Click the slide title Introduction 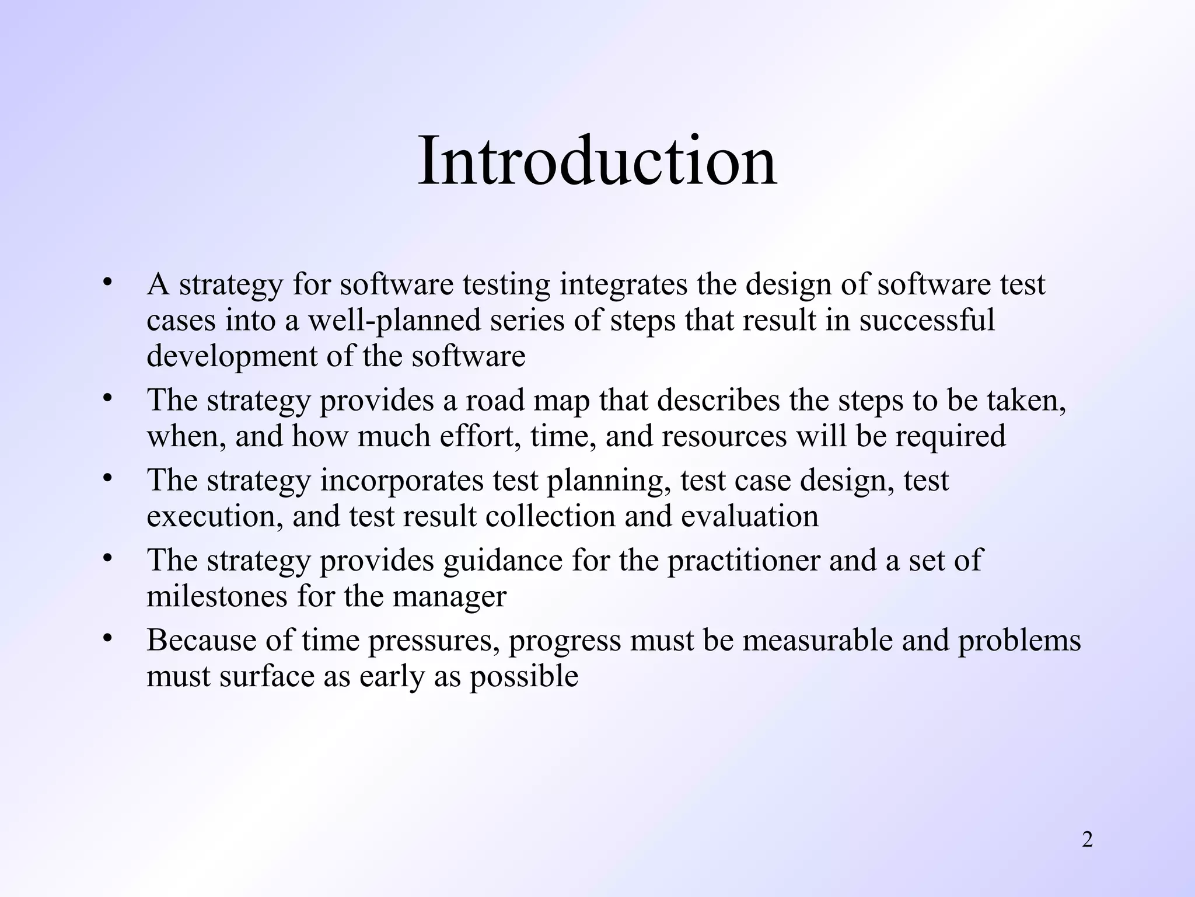coord(597,160)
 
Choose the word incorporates coord(402,481)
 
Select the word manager coord(449,596)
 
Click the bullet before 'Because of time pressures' coord(106,639)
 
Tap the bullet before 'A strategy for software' coord(106,283)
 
